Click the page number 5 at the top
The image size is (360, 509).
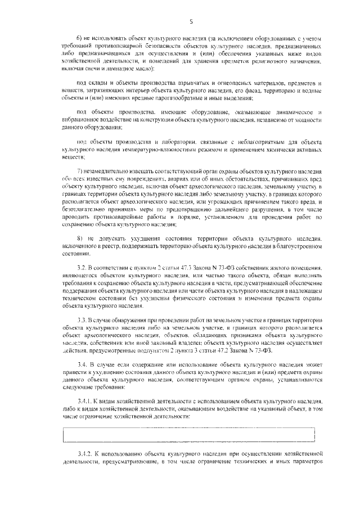tap(191, 22)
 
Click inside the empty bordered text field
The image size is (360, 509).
tap(188, 434)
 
